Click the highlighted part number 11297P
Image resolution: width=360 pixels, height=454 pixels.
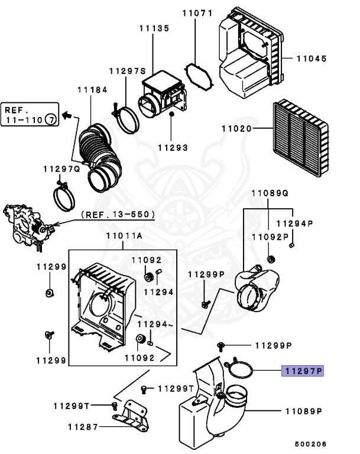(303, 371)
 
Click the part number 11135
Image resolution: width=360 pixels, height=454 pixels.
(154, 27)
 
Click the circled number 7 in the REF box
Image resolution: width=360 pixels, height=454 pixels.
(51, 120)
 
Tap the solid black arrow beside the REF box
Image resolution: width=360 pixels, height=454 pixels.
(67, 113)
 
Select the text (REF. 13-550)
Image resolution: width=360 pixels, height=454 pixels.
(118, 214)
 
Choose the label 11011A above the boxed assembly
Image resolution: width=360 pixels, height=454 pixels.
(124, 236)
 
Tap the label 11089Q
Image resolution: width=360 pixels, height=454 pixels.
(270, 193)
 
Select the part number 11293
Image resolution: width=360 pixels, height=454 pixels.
(173, 148)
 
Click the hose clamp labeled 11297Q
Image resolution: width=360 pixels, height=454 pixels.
(64, 196)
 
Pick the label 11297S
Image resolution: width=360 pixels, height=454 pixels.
(127, 71)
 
